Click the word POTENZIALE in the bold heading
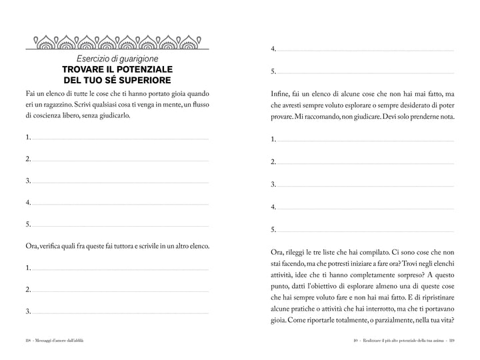pos(143,69)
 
